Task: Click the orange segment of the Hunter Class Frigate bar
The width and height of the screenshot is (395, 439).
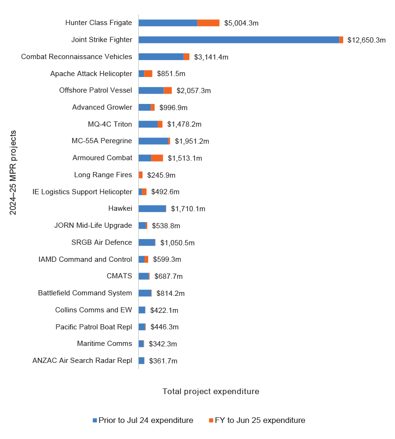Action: pos(208,23)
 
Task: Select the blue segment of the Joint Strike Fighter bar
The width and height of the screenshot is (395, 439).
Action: pos(239,40)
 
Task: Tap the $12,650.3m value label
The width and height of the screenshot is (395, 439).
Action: pos(366,40)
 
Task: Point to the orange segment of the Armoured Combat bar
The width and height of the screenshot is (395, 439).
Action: pos(157,158)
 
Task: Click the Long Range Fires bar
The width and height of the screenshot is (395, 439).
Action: pos(141,175)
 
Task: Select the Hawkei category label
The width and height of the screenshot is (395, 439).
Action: pos(120,208)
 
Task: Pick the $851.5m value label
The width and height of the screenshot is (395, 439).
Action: pos(171,74)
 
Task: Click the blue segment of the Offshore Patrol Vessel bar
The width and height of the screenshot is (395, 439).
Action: pos(151,90)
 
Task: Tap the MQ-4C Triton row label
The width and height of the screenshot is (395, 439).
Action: pos(110,124)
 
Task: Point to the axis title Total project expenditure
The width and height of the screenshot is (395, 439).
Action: pos(211,391)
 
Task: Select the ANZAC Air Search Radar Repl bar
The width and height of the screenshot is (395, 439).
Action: pos(142,361)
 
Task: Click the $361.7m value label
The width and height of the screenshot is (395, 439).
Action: pos(163,361)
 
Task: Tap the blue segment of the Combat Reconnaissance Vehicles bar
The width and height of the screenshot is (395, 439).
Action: pos(161,57)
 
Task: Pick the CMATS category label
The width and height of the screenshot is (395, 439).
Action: pos(119,276)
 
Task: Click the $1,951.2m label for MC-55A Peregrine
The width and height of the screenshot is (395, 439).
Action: pos(192,141)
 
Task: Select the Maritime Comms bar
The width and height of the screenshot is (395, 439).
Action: pos(141,344)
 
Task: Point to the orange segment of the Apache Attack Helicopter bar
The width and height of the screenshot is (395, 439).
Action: pos(148,73)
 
